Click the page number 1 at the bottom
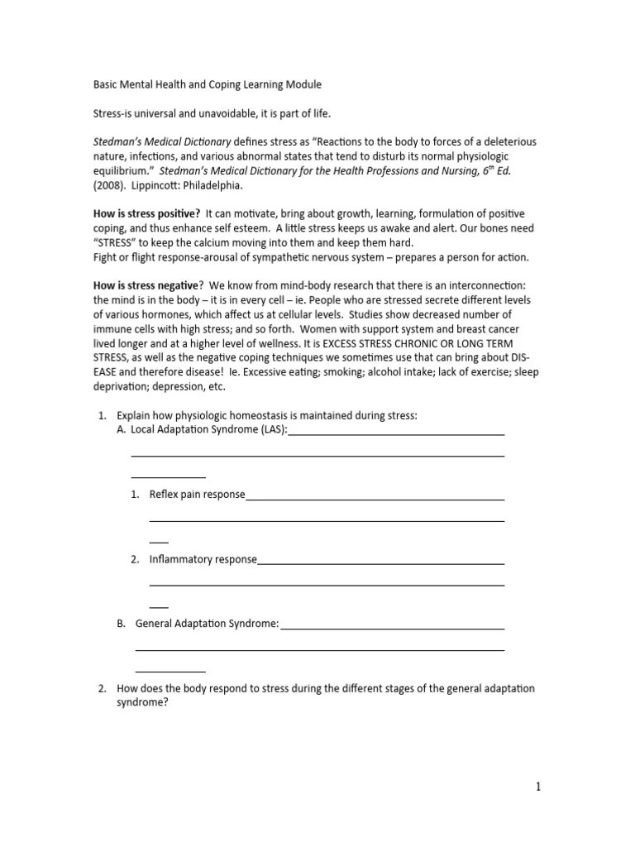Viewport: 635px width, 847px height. coord(537,787)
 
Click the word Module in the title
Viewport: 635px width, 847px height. coord(300,84)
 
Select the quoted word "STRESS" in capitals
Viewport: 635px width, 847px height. coord(118,242)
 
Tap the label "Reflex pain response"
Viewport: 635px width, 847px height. coord(197,495)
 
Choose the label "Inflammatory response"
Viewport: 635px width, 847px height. coord(203,559)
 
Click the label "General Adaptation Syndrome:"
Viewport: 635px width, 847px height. coord(208,624)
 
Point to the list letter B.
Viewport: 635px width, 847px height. coord(121,624)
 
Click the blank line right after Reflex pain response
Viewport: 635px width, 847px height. coord(375,499)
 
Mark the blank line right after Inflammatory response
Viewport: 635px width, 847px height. coord(381,563)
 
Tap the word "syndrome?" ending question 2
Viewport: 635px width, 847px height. coord(142,702)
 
